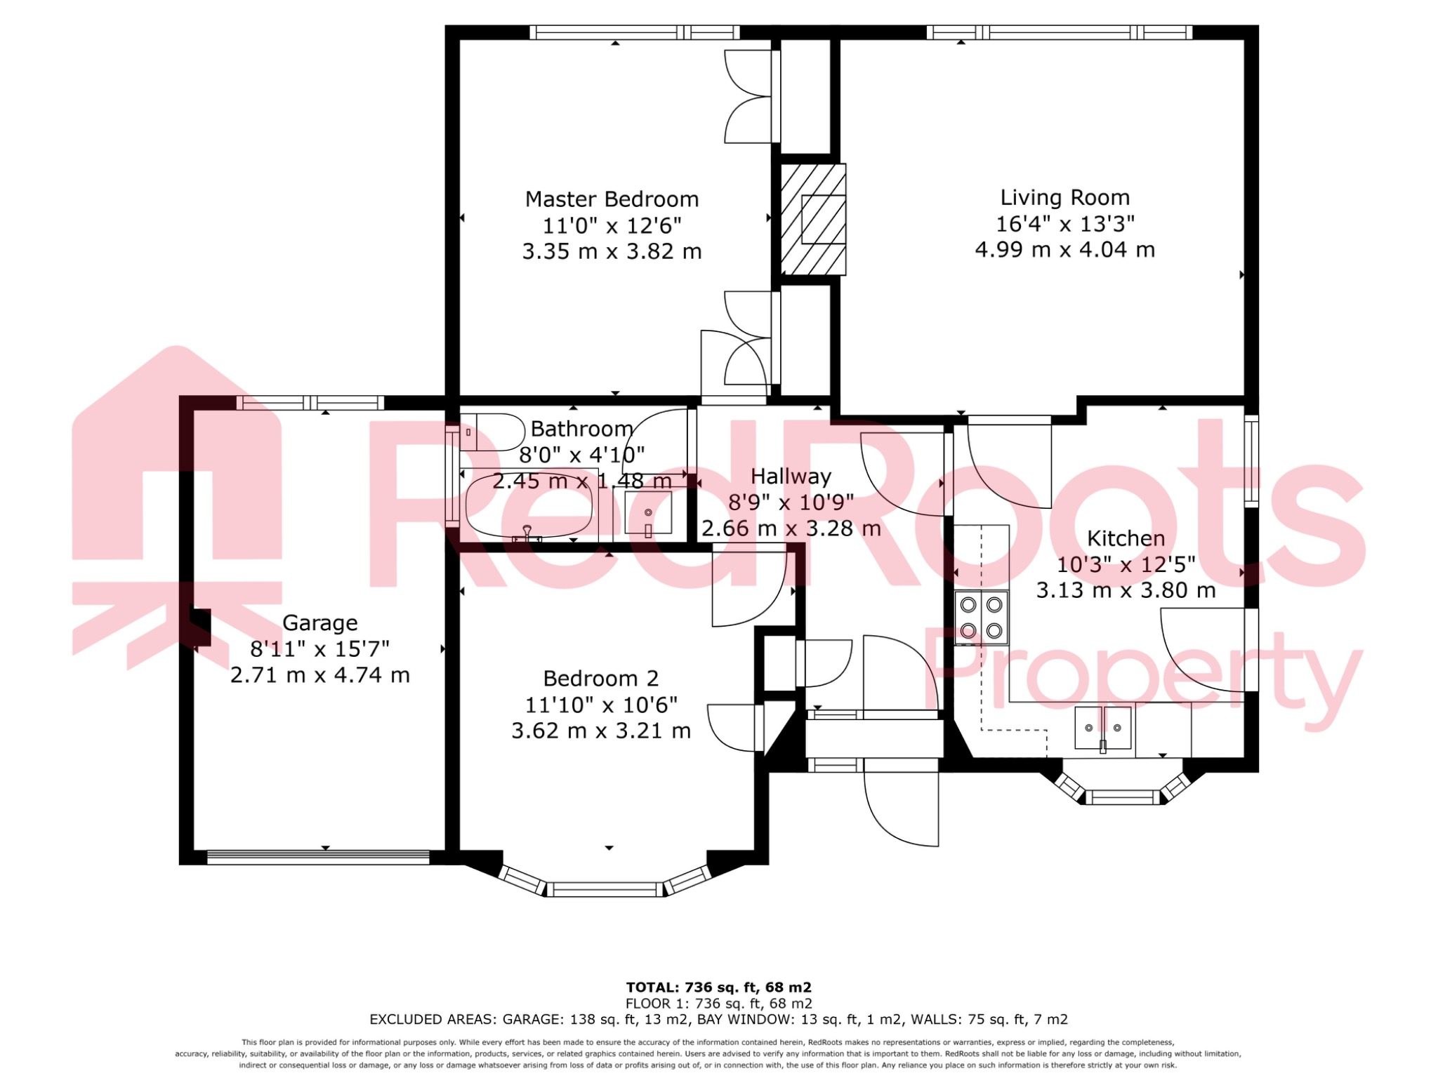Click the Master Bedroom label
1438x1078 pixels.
[612, 199]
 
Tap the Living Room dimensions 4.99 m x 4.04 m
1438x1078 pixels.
[1064, 250]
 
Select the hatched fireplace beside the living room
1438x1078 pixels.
[814, 219]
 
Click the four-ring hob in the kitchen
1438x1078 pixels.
[981, 618]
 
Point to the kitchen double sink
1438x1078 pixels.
[1102, 728]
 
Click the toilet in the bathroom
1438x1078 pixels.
[492, 432]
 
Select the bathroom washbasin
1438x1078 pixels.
[647, 512]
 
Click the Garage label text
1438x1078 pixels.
[319, 623]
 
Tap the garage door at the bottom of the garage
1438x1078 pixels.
[318, 857]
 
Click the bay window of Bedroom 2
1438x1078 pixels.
[605, 889]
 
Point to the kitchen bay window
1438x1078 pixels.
[1122, 797]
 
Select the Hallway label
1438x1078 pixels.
[791, 477]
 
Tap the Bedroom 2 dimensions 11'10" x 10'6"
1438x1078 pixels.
[601, 705]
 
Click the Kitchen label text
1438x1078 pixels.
[1126, 538]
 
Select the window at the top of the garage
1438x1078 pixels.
[310, 403]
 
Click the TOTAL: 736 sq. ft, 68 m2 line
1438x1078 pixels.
[718, 987]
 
